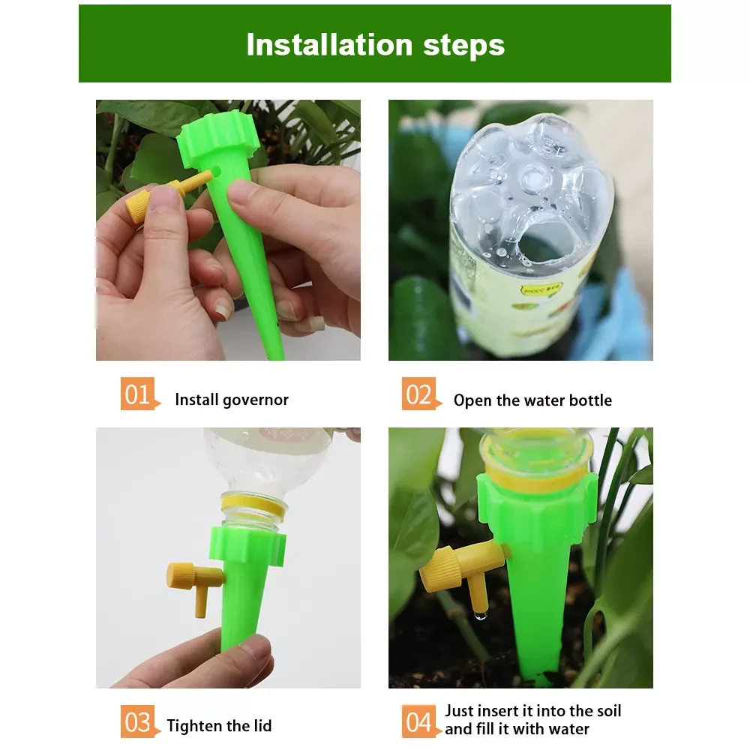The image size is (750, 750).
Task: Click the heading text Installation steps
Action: (375, 44)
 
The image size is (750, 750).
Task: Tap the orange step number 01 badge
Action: (139, 394)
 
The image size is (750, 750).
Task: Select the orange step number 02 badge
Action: (420, 394)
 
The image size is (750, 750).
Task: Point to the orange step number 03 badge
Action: (139, 724)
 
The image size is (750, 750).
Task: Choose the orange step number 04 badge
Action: (420, 724)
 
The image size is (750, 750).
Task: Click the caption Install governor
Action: (232, 400)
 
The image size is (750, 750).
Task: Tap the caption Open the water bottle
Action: (532, 400)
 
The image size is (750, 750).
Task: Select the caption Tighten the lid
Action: (219, 726)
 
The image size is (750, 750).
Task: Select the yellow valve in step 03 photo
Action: (193, 580)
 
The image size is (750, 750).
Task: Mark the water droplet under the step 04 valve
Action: (480, 616)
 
